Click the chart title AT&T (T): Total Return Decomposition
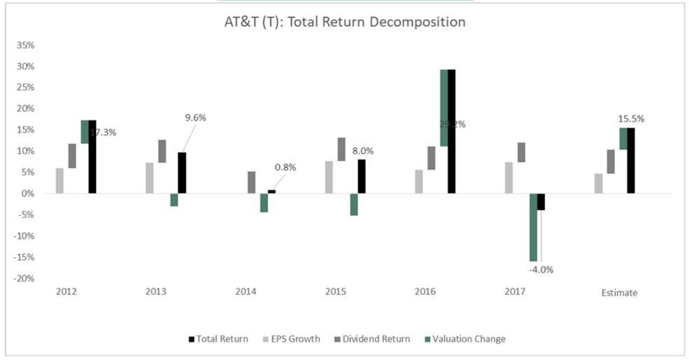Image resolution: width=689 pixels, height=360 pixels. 345,22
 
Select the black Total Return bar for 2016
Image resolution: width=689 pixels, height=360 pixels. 451,131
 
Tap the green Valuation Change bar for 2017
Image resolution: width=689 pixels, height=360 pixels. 533,227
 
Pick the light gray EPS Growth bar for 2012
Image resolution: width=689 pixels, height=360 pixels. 59,180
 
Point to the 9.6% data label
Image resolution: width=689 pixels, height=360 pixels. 196,118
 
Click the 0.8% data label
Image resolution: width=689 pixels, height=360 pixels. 285,167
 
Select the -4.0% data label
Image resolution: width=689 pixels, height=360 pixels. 541,270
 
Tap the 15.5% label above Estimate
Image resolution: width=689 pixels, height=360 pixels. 631,119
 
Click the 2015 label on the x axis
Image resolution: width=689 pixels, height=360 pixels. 335,292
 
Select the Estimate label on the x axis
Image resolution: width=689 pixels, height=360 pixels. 619,293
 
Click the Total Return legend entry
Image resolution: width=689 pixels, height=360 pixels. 218,339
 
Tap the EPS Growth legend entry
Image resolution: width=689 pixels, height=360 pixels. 296,339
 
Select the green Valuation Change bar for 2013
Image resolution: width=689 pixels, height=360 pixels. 174,200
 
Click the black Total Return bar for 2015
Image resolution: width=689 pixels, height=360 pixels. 362,176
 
